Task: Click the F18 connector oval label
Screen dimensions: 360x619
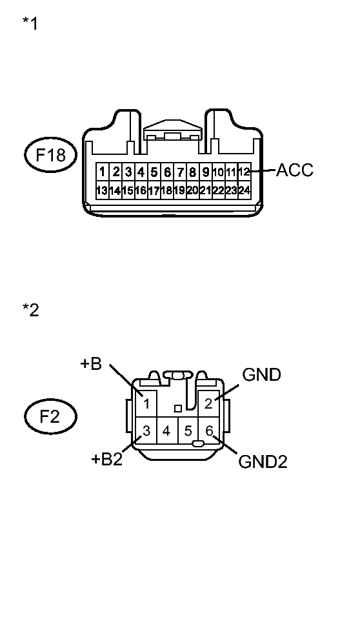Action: pos(50,154)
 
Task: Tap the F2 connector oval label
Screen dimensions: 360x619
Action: pos(50,416)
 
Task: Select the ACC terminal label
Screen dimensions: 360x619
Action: pos(294,170)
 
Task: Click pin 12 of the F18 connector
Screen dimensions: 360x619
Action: pos(245,172)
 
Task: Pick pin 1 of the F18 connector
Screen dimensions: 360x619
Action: pos(102,172)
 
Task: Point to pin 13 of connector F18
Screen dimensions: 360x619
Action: pos(102,190)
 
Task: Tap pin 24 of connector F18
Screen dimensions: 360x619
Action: pos(245,190)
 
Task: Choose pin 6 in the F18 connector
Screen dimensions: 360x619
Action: pos(167,172)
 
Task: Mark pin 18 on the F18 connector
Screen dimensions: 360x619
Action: pos(167,190)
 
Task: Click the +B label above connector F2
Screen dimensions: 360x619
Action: pos(91,364)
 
